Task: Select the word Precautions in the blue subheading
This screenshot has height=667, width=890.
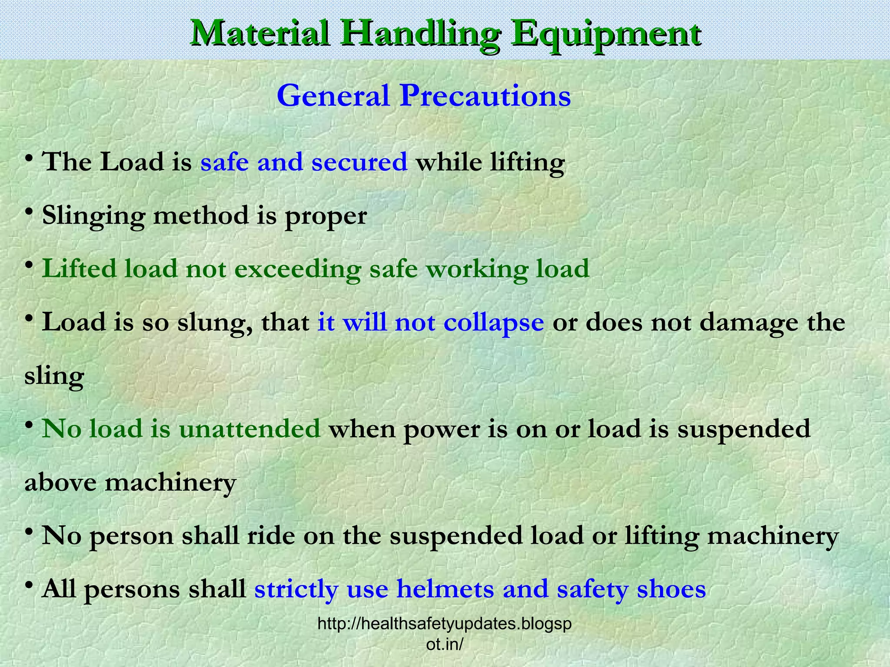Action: tap(485, 96)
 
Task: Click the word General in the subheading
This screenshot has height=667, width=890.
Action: tap(333, 96)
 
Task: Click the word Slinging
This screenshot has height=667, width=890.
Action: tap(93, 215)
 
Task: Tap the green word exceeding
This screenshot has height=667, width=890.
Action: tap(298, 269)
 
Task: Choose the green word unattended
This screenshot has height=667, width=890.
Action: tap(249, 429)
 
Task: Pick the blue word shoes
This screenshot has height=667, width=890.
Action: tap(671, 589)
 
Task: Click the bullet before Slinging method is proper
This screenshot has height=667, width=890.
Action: tap(29, 212)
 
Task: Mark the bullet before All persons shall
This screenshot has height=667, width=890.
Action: tap(29, 586)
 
